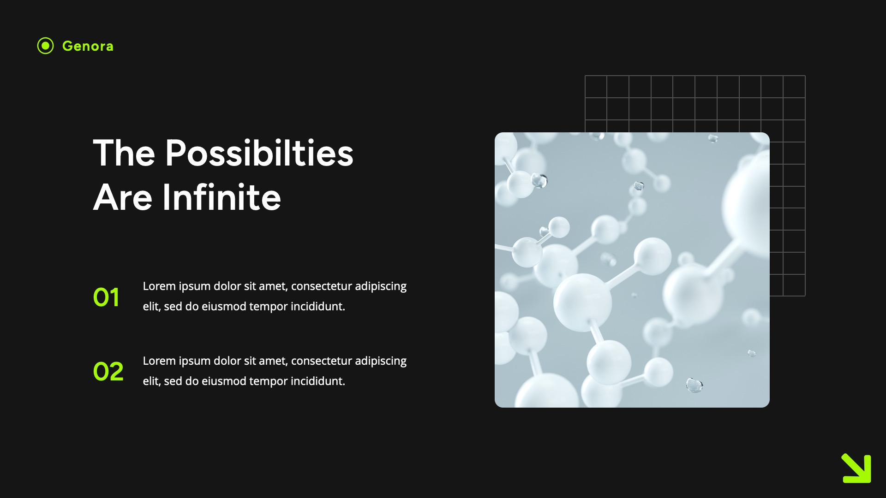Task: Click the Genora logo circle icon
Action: point(45,46)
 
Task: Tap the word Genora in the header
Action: point(88,46)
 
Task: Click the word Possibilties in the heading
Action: point(259,153)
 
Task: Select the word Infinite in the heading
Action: point(221,197)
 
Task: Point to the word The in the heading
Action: point(124,153)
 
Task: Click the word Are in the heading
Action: point(123,197)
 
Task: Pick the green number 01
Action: point(106,297)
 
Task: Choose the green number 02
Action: point(108,372)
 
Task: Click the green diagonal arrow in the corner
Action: point(856,468)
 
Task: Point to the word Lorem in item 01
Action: point(159,286)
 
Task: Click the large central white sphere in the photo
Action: point(582,302)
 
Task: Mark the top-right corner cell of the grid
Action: point(794,87)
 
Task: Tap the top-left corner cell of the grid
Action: point(596,87)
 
